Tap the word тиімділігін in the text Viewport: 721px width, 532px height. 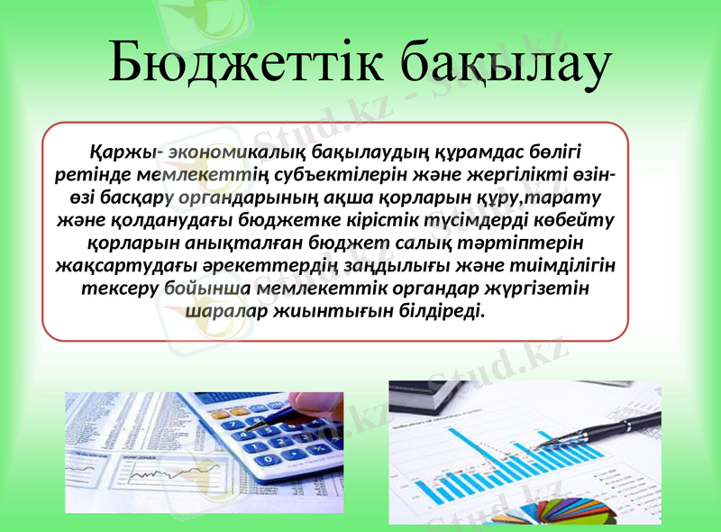point(566,266)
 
